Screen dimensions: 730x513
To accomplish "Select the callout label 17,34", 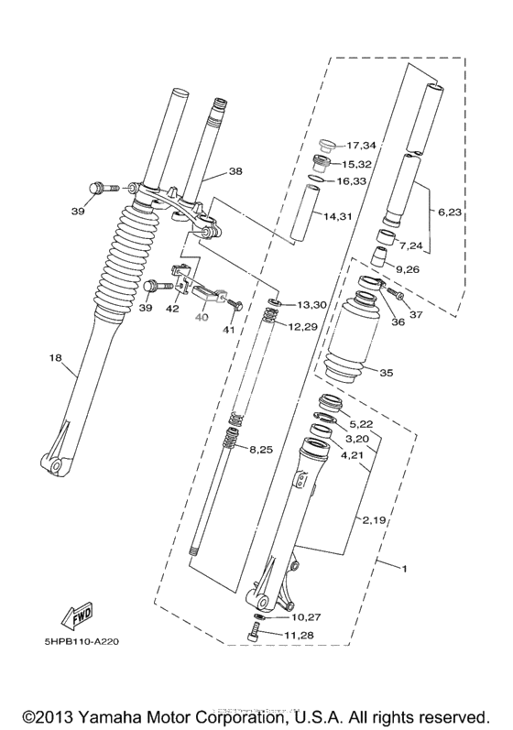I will point(361,146).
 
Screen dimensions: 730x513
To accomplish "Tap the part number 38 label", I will point(235,171).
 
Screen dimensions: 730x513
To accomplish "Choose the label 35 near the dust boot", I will point(387,373).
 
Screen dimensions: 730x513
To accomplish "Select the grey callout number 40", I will point(201,317).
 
